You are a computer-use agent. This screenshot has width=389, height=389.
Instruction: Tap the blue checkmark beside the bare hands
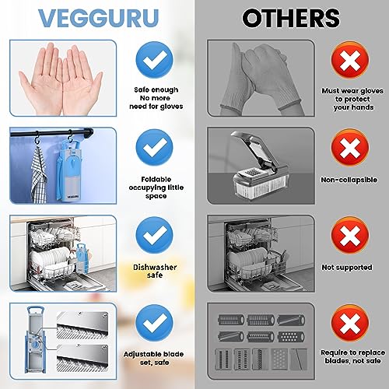coord(155,59)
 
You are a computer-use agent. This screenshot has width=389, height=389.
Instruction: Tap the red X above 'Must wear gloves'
coord(344,58)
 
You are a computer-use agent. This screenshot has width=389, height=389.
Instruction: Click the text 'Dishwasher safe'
coord(155,271)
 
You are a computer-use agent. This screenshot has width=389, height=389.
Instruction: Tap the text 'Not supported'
coord(344,265)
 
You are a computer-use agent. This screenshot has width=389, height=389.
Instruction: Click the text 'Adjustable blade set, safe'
coord(155,359)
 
